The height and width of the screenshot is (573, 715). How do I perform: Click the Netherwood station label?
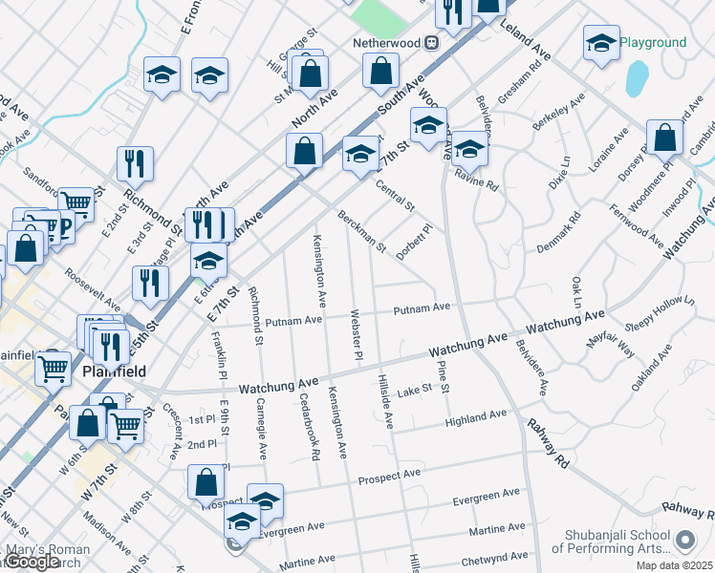click(388, 43)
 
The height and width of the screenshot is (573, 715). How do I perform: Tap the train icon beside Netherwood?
click(432, 43)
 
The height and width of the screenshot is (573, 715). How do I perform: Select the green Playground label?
click(653, 43)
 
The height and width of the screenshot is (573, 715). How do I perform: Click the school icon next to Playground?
click(601, 43)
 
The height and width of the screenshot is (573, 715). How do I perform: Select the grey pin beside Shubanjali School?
click(684, 541)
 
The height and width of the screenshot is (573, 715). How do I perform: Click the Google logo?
click(32, 562)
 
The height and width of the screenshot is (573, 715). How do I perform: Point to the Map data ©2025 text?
click(674, 565)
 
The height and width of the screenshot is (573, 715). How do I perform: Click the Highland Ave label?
click(475, 417)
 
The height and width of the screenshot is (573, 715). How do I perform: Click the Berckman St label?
click(360, 232)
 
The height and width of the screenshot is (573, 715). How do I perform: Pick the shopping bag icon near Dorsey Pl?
click(664, 138)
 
